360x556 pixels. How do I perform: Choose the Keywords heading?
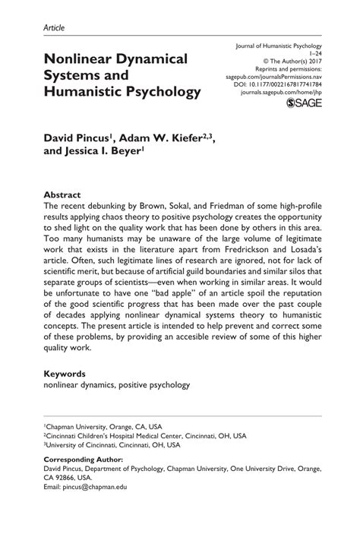pos(65,374)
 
